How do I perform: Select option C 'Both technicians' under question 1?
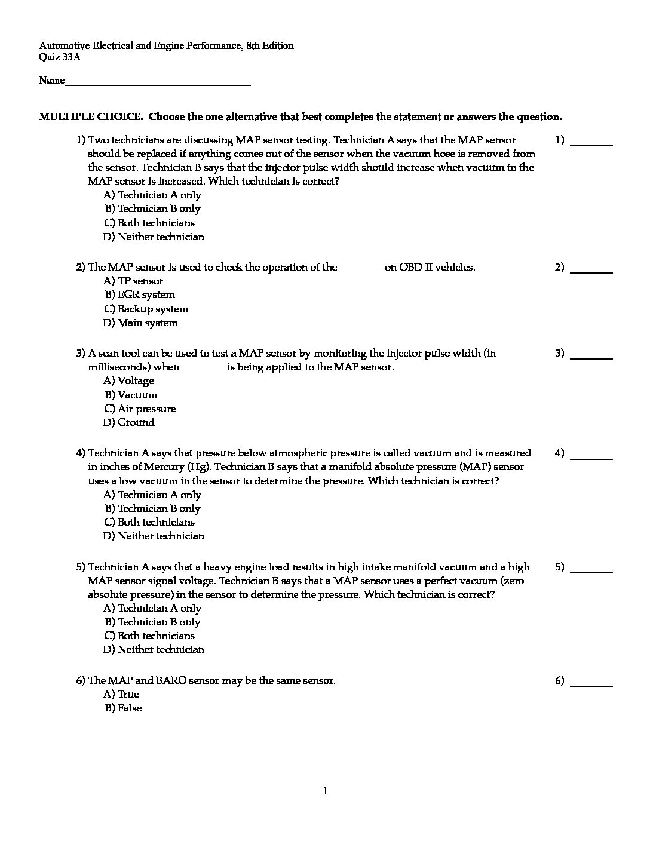click(149, 223)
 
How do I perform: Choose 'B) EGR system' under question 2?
click(140, 294)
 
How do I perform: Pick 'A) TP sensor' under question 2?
click(133, 281)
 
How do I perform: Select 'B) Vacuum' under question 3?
click(131, 395)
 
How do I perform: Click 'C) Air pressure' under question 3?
click(139, 409)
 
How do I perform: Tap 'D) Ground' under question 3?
click(128, 422)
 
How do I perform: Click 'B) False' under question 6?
click(123, 708)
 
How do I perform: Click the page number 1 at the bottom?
click(325, 791)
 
